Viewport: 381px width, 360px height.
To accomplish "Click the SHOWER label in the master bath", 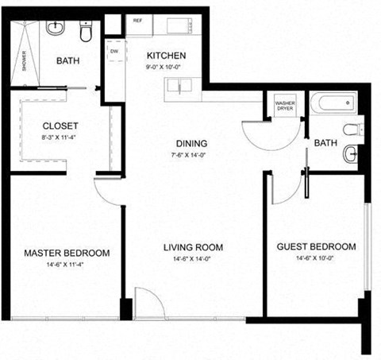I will coord(25,62).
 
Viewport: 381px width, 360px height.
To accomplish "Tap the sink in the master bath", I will coord(56,29).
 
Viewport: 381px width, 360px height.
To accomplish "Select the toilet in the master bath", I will coord(87,31).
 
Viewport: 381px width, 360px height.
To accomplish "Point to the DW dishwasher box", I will coord(114,52).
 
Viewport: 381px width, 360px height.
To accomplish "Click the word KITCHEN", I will coord(167,56).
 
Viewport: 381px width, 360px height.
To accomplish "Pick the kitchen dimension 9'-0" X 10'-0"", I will coord(167,67).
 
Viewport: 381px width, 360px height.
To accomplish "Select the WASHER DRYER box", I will coord(283,106).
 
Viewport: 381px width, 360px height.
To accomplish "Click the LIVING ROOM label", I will coord(193,247).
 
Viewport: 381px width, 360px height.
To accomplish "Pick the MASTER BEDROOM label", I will coord(66,253).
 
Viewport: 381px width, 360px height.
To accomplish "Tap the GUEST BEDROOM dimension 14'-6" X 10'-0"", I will coord(315,258).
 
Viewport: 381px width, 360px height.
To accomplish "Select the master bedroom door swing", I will coord(106,191).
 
